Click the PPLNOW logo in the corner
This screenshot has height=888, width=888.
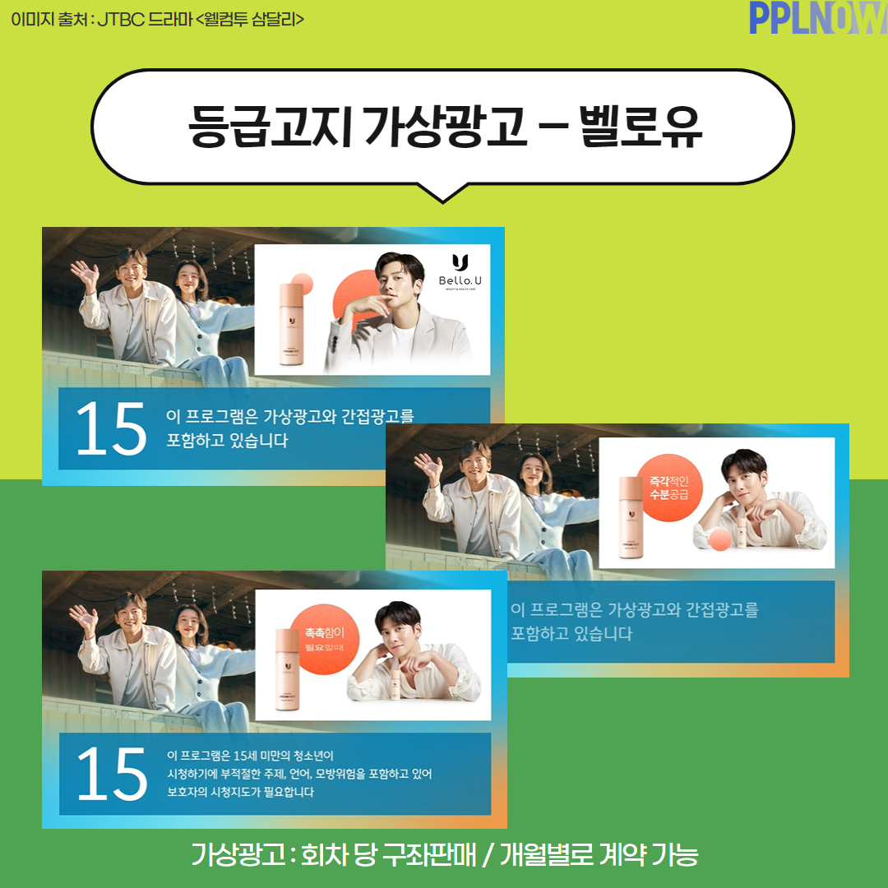pyautogui.click(x=817, y=18)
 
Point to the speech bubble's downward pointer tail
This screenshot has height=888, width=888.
pyautogui.click(x=443, y=192)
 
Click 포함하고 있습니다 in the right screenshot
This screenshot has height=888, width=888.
pyautogui.click(x=571, y=634)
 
